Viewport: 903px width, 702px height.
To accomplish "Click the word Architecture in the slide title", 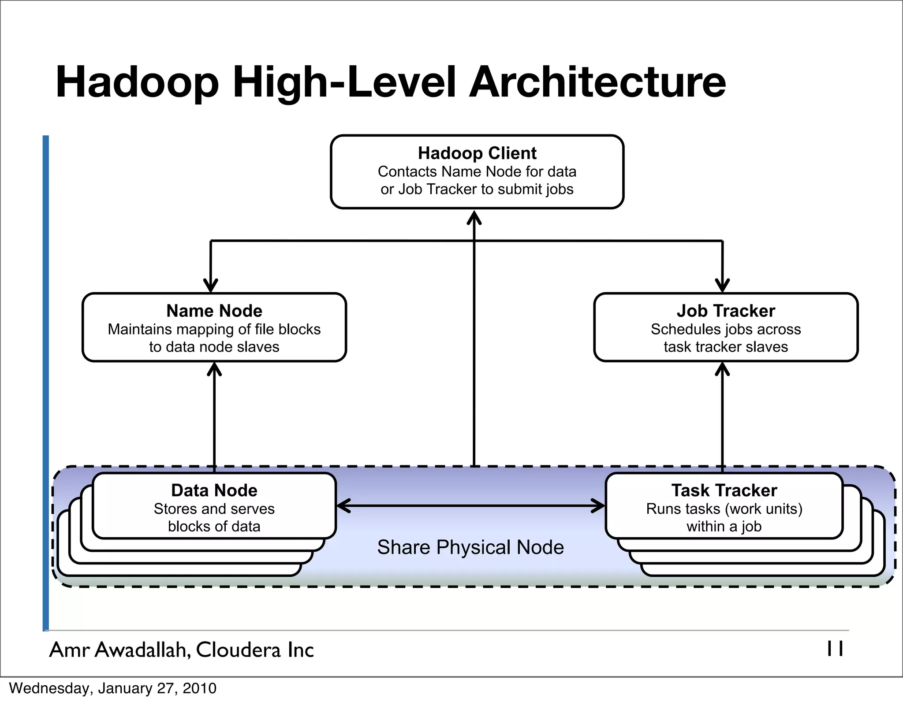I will [597, 82].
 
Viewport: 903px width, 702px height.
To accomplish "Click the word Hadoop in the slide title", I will [137, 82].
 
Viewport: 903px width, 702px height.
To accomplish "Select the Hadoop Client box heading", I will [477, 153].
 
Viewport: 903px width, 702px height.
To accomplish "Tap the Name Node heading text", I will [214, 311].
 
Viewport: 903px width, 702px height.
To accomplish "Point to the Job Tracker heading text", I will [726, 311].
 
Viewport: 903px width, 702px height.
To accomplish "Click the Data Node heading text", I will [214, 490].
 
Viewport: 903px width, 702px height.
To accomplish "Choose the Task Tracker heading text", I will [724, 490].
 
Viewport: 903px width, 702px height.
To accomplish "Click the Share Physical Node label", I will [470, 547].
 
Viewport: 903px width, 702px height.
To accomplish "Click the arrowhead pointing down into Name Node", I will [211, 286].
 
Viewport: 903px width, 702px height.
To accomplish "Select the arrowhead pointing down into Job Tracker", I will [722, 286].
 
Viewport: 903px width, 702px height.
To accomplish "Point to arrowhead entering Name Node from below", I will [214, 368].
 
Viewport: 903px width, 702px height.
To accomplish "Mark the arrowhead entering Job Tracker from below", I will [722, 368].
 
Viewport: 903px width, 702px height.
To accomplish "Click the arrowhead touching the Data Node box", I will [343, 506].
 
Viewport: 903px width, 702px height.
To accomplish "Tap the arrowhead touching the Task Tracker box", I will [599, 506].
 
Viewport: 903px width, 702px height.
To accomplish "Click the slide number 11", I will [835, 649].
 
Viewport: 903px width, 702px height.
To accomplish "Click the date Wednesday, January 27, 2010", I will [113, 688].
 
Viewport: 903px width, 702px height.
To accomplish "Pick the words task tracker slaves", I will [726, 347].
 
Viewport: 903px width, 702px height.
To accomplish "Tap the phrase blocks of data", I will [214, 527].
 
